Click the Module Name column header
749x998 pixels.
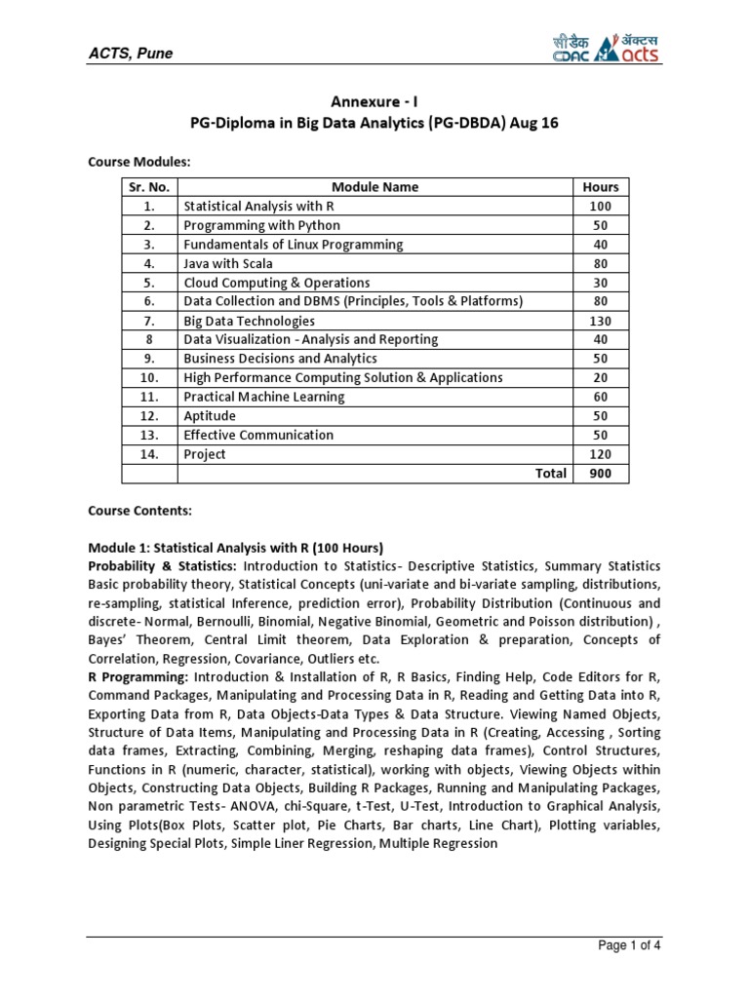(374, 187)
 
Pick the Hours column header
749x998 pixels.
(600, 187)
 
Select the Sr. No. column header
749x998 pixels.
(148, 187)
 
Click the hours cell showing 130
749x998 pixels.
(600, 321)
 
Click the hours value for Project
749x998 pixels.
(600, 454)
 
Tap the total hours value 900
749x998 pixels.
(600, 474)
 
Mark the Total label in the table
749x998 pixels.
(549, 474)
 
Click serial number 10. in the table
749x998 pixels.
(148, 378)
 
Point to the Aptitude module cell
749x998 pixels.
(210, 416)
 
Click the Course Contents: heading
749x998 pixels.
(140, 510)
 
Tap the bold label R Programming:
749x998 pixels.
(138, 676)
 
